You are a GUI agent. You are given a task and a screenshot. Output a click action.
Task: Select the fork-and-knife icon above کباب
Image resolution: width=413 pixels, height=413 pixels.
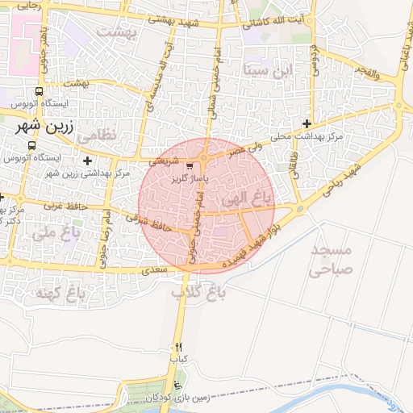(178, 347)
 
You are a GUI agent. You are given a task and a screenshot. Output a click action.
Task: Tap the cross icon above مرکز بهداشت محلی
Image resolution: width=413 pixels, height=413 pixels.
(307, 123)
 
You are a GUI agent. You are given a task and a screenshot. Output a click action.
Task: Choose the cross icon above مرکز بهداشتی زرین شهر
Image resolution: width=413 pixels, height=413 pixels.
(87, 161)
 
